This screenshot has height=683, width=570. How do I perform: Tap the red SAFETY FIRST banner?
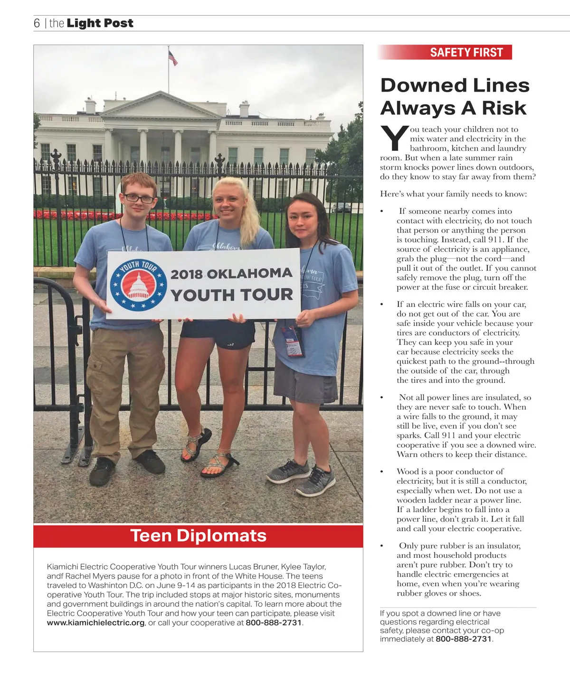[466, 52]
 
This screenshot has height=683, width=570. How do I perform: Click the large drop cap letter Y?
[394, 138]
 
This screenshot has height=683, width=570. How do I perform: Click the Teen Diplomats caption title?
[198, 535]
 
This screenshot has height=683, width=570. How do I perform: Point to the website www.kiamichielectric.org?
[95, 623]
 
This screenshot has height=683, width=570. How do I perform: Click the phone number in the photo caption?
[274, 623]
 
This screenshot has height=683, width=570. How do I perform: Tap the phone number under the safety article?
[463, 639]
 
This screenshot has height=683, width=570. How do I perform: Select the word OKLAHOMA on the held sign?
[250, 274]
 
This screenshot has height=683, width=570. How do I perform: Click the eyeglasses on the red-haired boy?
[139, 198]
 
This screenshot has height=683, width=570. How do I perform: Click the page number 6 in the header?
[37, 23]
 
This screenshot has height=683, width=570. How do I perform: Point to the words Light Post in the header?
[100, 23]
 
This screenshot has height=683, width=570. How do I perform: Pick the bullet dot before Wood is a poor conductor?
[381, 472]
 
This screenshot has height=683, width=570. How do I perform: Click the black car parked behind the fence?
[341, 207]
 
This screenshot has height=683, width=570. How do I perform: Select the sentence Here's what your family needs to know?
[453, 194]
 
